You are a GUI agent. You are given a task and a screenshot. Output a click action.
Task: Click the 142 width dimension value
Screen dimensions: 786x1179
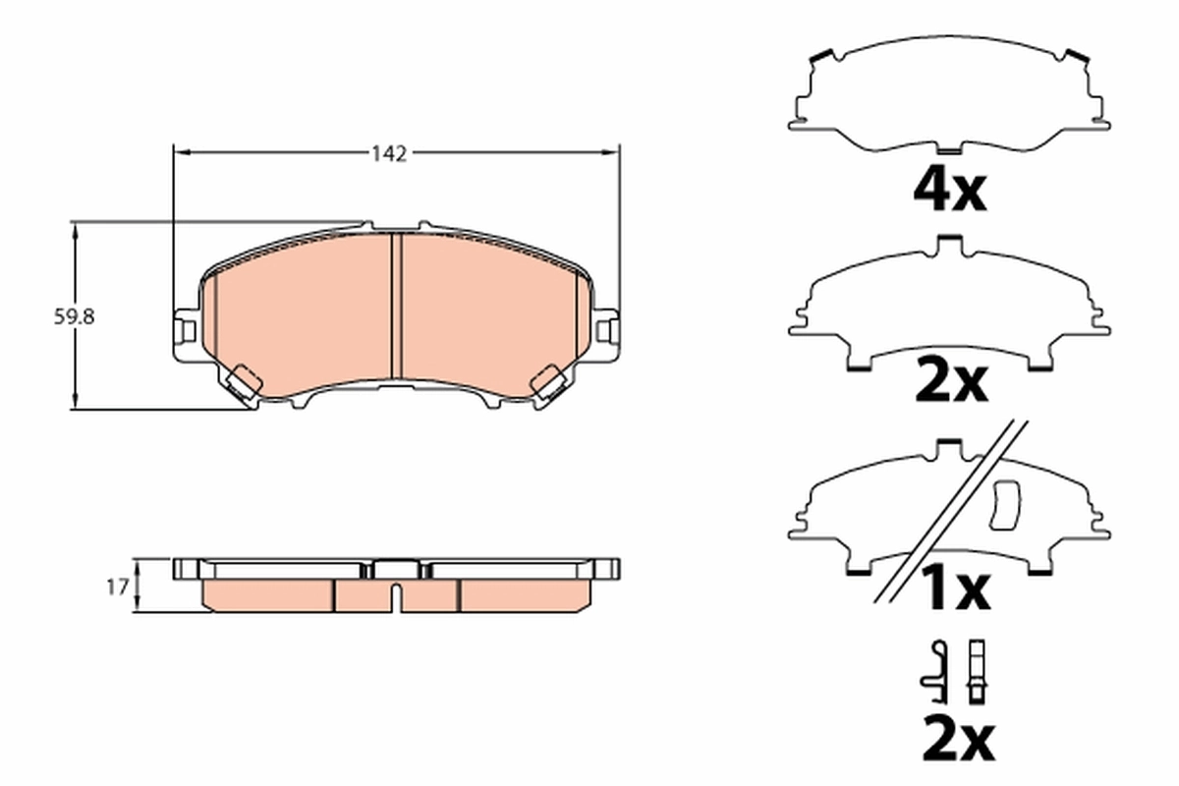click(388, 153)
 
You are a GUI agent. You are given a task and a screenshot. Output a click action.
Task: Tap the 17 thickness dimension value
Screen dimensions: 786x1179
click(117, 588)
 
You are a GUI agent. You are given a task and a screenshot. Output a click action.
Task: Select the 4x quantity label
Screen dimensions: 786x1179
click(949, 192)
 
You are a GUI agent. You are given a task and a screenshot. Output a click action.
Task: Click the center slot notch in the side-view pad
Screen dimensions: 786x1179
click(394, 593)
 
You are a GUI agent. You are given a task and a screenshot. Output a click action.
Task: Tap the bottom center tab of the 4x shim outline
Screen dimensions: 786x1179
click(949, 150)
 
